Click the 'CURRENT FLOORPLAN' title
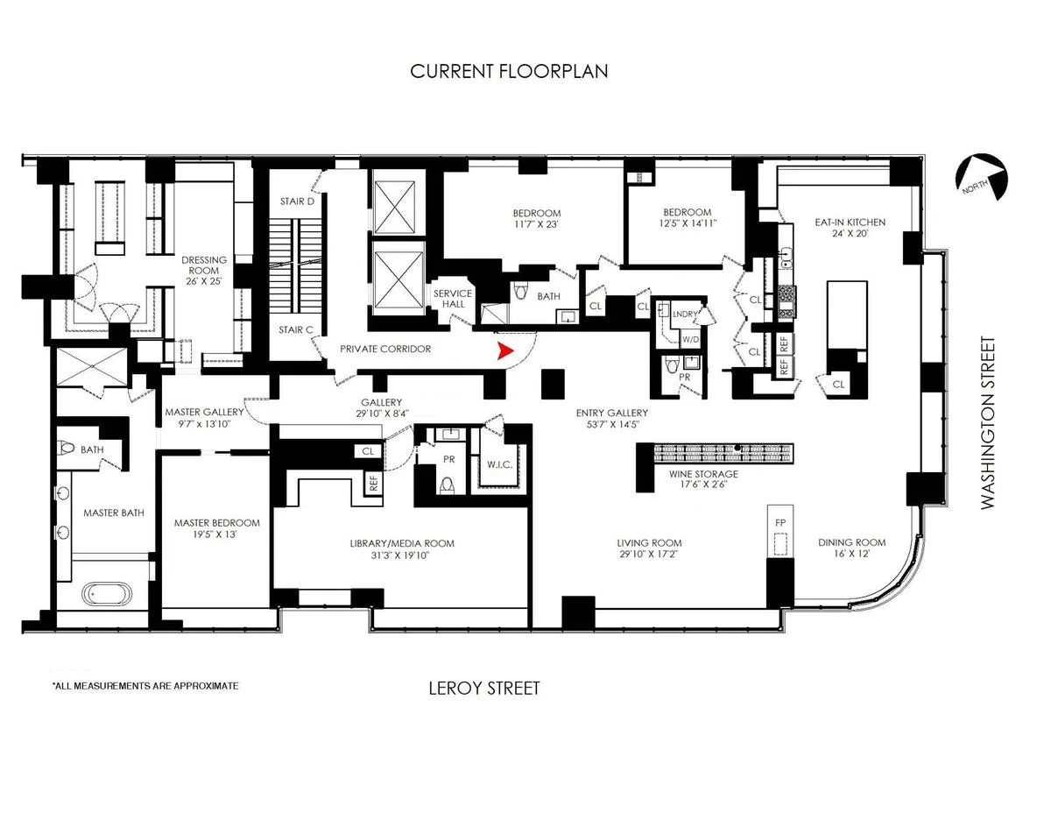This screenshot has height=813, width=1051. pos(509,71)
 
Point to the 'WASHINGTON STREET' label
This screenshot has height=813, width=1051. pos(988,422)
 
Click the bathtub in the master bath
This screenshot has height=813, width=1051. pos(109,594)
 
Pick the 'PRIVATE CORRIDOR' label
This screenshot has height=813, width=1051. pos(385,349)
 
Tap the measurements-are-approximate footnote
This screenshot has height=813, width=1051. pos(145,686)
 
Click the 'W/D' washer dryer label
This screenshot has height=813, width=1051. pos(691,338)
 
